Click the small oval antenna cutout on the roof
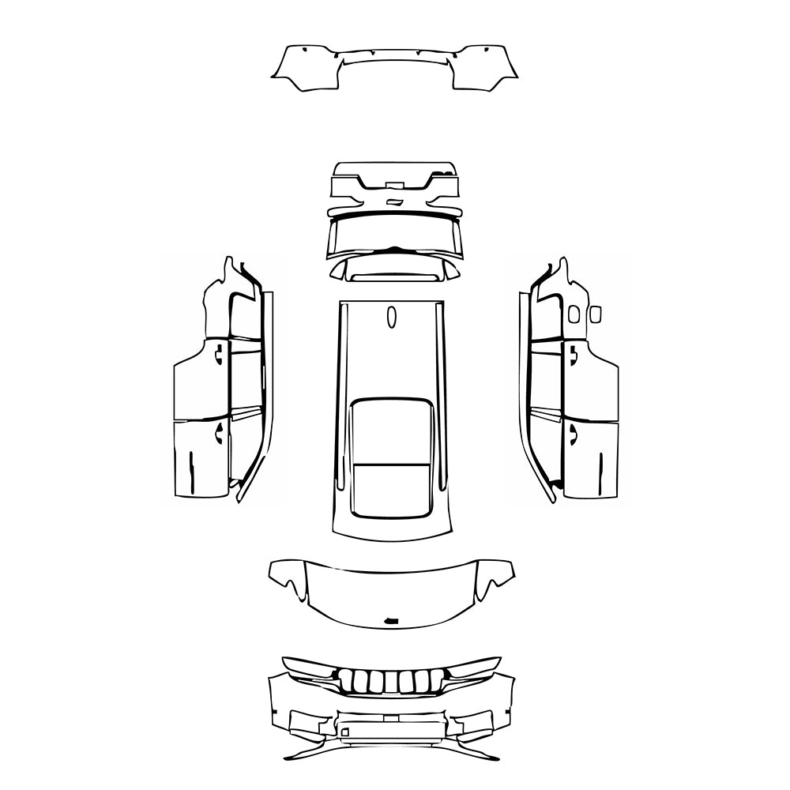pos(390,317)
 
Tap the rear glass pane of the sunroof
pos(391,489)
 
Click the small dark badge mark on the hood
pos(390,620)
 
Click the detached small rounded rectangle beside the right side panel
pos(595,314)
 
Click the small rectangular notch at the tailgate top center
pos(393,185)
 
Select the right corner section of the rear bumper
pos(486,66)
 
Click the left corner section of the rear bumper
pos(304,66)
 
